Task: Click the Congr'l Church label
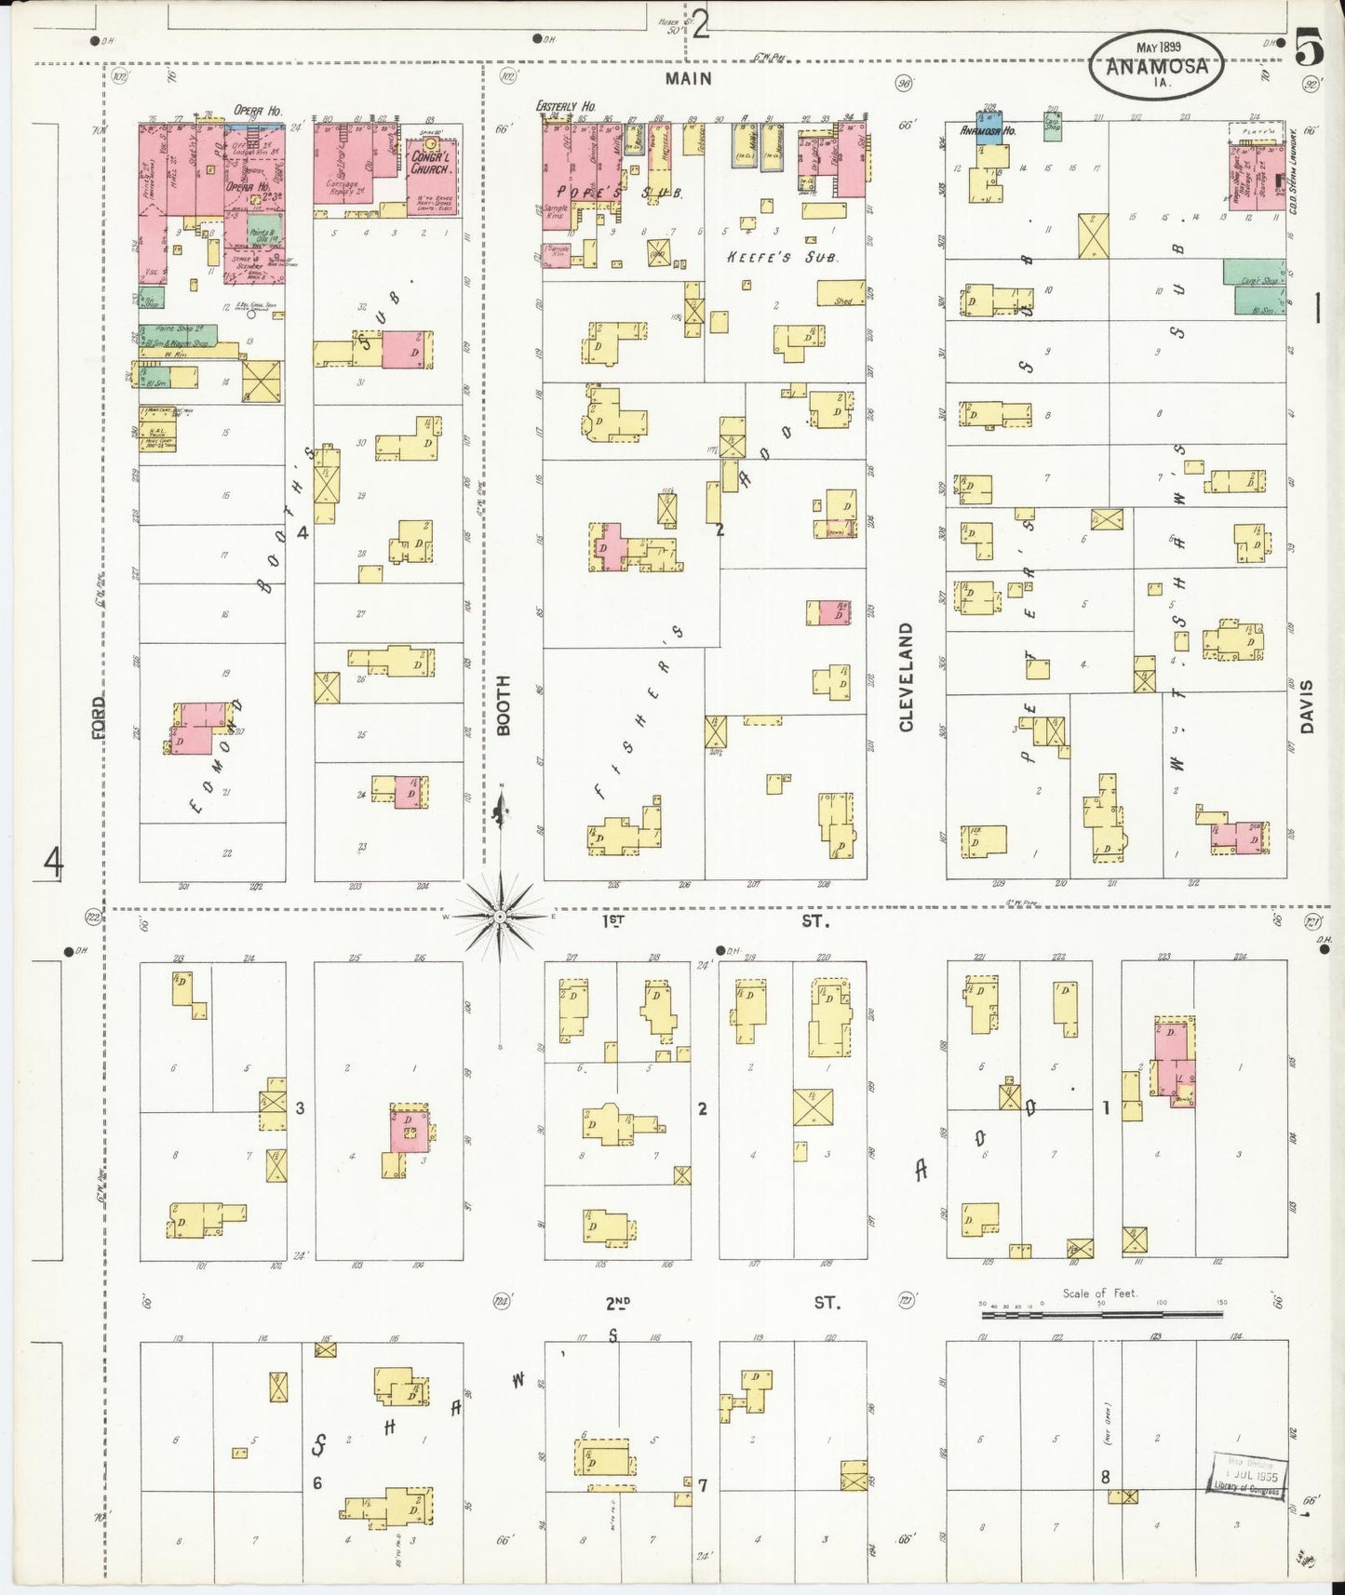point(431,163)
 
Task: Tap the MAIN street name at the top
point(688,79)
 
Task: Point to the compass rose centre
point(501,917)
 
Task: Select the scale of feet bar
point(1101,1314)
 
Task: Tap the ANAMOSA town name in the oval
point(1157,67)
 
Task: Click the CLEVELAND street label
point(906,677)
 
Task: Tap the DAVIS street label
point(1306,706)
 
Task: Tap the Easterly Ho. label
point(566,107)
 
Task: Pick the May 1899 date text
point(1158,47)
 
